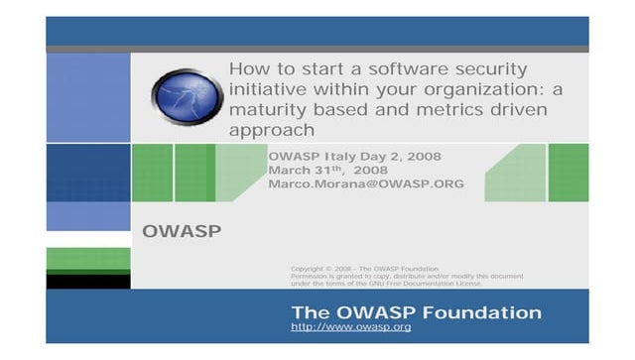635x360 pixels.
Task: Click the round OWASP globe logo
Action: pos(185,95)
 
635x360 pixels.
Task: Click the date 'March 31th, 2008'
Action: pos(327,170)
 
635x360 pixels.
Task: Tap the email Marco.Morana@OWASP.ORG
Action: pos(366,183)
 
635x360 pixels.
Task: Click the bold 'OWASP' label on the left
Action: pos(182,232)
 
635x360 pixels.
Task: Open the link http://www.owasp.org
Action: pos(350,327)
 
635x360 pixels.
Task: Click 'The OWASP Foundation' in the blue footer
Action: pos(416,312)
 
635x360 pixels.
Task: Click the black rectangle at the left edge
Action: pos(87,282)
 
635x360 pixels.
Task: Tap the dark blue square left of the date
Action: pos(87,173)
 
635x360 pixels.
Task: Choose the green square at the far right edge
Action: pos(569,173)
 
